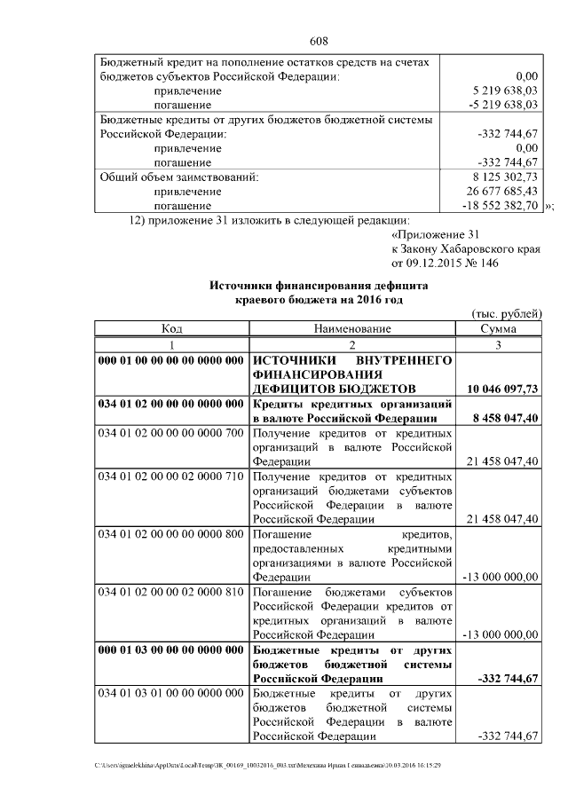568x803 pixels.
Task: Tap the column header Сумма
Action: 498,329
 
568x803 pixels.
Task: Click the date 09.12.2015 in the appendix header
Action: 433,264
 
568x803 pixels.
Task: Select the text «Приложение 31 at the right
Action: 435,235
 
